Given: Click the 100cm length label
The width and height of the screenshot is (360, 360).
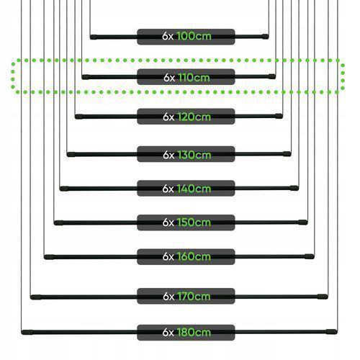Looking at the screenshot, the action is coord(194,36).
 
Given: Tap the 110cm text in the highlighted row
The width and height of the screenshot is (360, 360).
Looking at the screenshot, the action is coord(194,78).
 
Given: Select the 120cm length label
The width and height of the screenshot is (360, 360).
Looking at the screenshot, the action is coord(194,117).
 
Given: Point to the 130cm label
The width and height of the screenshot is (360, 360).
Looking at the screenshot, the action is coord(194,155).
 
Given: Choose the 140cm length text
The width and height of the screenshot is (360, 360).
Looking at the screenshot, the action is coord(194,189).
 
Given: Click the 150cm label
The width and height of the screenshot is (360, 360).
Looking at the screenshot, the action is coord(194,222).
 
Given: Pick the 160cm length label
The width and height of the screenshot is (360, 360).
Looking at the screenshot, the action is coord(194,256).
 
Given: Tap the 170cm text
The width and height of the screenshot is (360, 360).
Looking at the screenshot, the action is coord(194,297).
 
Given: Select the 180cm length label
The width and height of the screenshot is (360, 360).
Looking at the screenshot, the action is coord(194,333).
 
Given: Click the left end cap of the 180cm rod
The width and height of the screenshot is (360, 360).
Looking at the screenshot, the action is coord(27,333).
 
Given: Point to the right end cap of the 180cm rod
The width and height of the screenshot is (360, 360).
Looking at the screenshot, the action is coord(332,332).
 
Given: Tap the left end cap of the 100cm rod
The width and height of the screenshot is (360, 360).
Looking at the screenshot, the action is coord(94,37).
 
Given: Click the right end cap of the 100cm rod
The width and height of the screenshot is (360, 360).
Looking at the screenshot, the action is coord(265,37).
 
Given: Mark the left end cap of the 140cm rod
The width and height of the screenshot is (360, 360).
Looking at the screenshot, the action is coord(64,189).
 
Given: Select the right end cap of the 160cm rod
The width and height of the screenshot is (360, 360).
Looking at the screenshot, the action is coord(310,256).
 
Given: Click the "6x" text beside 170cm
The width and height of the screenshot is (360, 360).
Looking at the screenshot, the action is coord(168,297).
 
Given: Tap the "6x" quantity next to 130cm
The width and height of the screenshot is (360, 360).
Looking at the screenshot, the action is coord(168,156).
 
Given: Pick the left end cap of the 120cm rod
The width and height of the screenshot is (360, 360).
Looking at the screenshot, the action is coord(79,117).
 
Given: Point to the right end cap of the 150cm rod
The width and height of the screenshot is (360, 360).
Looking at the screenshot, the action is coord(303,222).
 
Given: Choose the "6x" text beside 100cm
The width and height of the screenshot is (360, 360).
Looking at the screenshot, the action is coord(168,37).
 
